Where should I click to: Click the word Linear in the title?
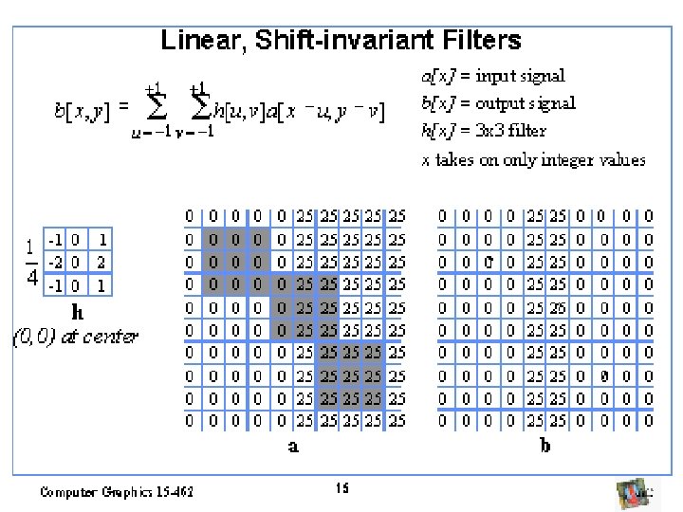194,41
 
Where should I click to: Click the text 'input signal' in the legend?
520,76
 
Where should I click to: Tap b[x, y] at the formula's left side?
82,112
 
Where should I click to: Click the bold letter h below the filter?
79,311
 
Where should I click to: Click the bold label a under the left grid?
293,446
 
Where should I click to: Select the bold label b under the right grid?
545,446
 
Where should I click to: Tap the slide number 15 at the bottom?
341,488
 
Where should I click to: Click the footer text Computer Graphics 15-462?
116,491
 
